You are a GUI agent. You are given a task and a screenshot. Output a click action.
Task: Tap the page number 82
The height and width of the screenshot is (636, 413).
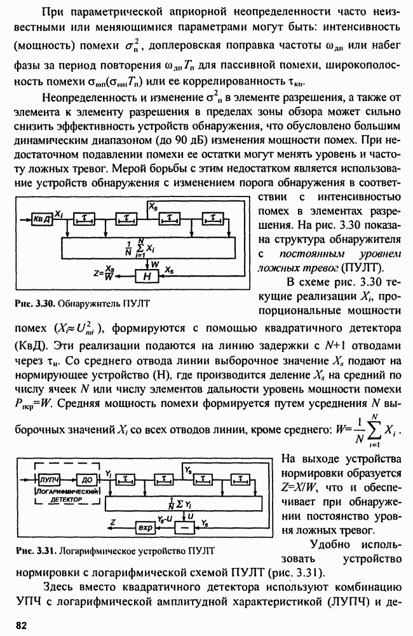click(x=22, y=626)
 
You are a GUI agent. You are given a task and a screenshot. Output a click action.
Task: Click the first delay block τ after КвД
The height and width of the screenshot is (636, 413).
click(x=83, y=218)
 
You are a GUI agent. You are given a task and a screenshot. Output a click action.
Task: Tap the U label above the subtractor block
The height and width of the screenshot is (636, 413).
click(x=190, y=516)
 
